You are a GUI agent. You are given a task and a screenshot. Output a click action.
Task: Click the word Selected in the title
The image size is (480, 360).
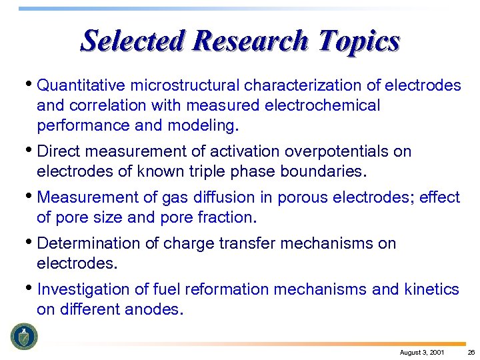pyautogui.click(x=133, y=41)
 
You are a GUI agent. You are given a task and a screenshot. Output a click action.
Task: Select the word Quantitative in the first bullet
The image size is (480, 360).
pyautogui.click(x=82, y=85)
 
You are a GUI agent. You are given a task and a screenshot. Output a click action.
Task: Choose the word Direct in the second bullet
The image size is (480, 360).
pyautogui.click(x=59, y=151)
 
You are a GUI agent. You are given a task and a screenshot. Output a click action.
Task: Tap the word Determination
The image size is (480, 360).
pyautogui.click(x=88, y=244)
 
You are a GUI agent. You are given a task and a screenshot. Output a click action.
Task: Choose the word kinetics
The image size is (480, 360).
pyautogui.click(x=431, y=289)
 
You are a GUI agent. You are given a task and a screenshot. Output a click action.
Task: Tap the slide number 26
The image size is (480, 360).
pyautogui.click(x=471, y=352)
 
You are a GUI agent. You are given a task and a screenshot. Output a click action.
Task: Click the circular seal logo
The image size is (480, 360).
pyautogui.click(x=24, y=336)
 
